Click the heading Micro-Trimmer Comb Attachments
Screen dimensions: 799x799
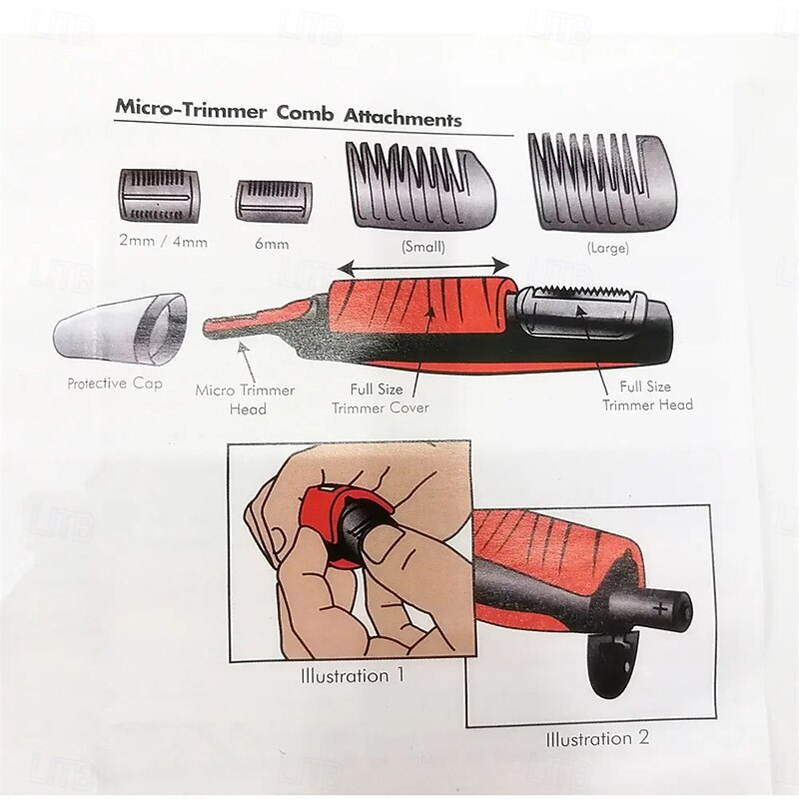pyautogui.click(x=289, y=112)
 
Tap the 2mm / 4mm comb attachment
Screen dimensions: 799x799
pyautogui.click(x=160, y=196)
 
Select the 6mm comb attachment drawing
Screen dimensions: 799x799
pyautogui.click(x=274, y=202)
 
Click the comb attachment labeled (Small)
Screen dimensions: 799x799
pyautogui.click(x=420, y=186)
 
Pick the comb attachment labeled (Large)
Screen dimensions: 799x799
pyautogui.click(x=603, y=182)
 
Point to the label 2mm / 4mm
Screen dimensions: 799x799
pyautogui.click(x=163, y=241)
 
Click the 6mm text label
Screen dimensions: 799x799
pyautogui.click(x=272, y=244)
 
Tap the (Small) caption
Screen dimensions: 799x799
pyautogui.click(x=422, y=247)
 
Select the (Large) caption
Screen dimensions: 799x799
pyautogui.click(x=607, y=248)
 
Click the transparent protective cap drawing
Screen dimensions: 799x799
pyautogui.click(x=120, y=330)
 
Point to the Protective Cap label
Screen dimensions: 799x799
pyautogui.click(x=115, y=384)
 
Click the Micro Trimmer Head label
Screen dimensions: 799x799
pyautogui.click(x=245, y=399)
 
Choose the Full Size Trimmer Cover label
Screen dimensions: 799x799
pyautogui.click(x=381, y=399)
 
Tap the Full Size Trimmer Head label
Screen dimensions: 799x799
pyautogui.click(x=647, y=396)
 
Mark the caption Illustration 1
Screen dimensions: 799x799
pyautogui.click(x=353, y=676)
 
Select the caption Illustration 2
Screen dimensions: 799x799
pyautogui.click(x=597, y=738)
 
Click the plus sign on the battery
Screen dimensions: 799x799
pyautogui.click(x=660, y=608)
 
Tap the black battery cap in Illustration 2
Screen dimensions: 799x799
pyautogui.click(x=611, y=664)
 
